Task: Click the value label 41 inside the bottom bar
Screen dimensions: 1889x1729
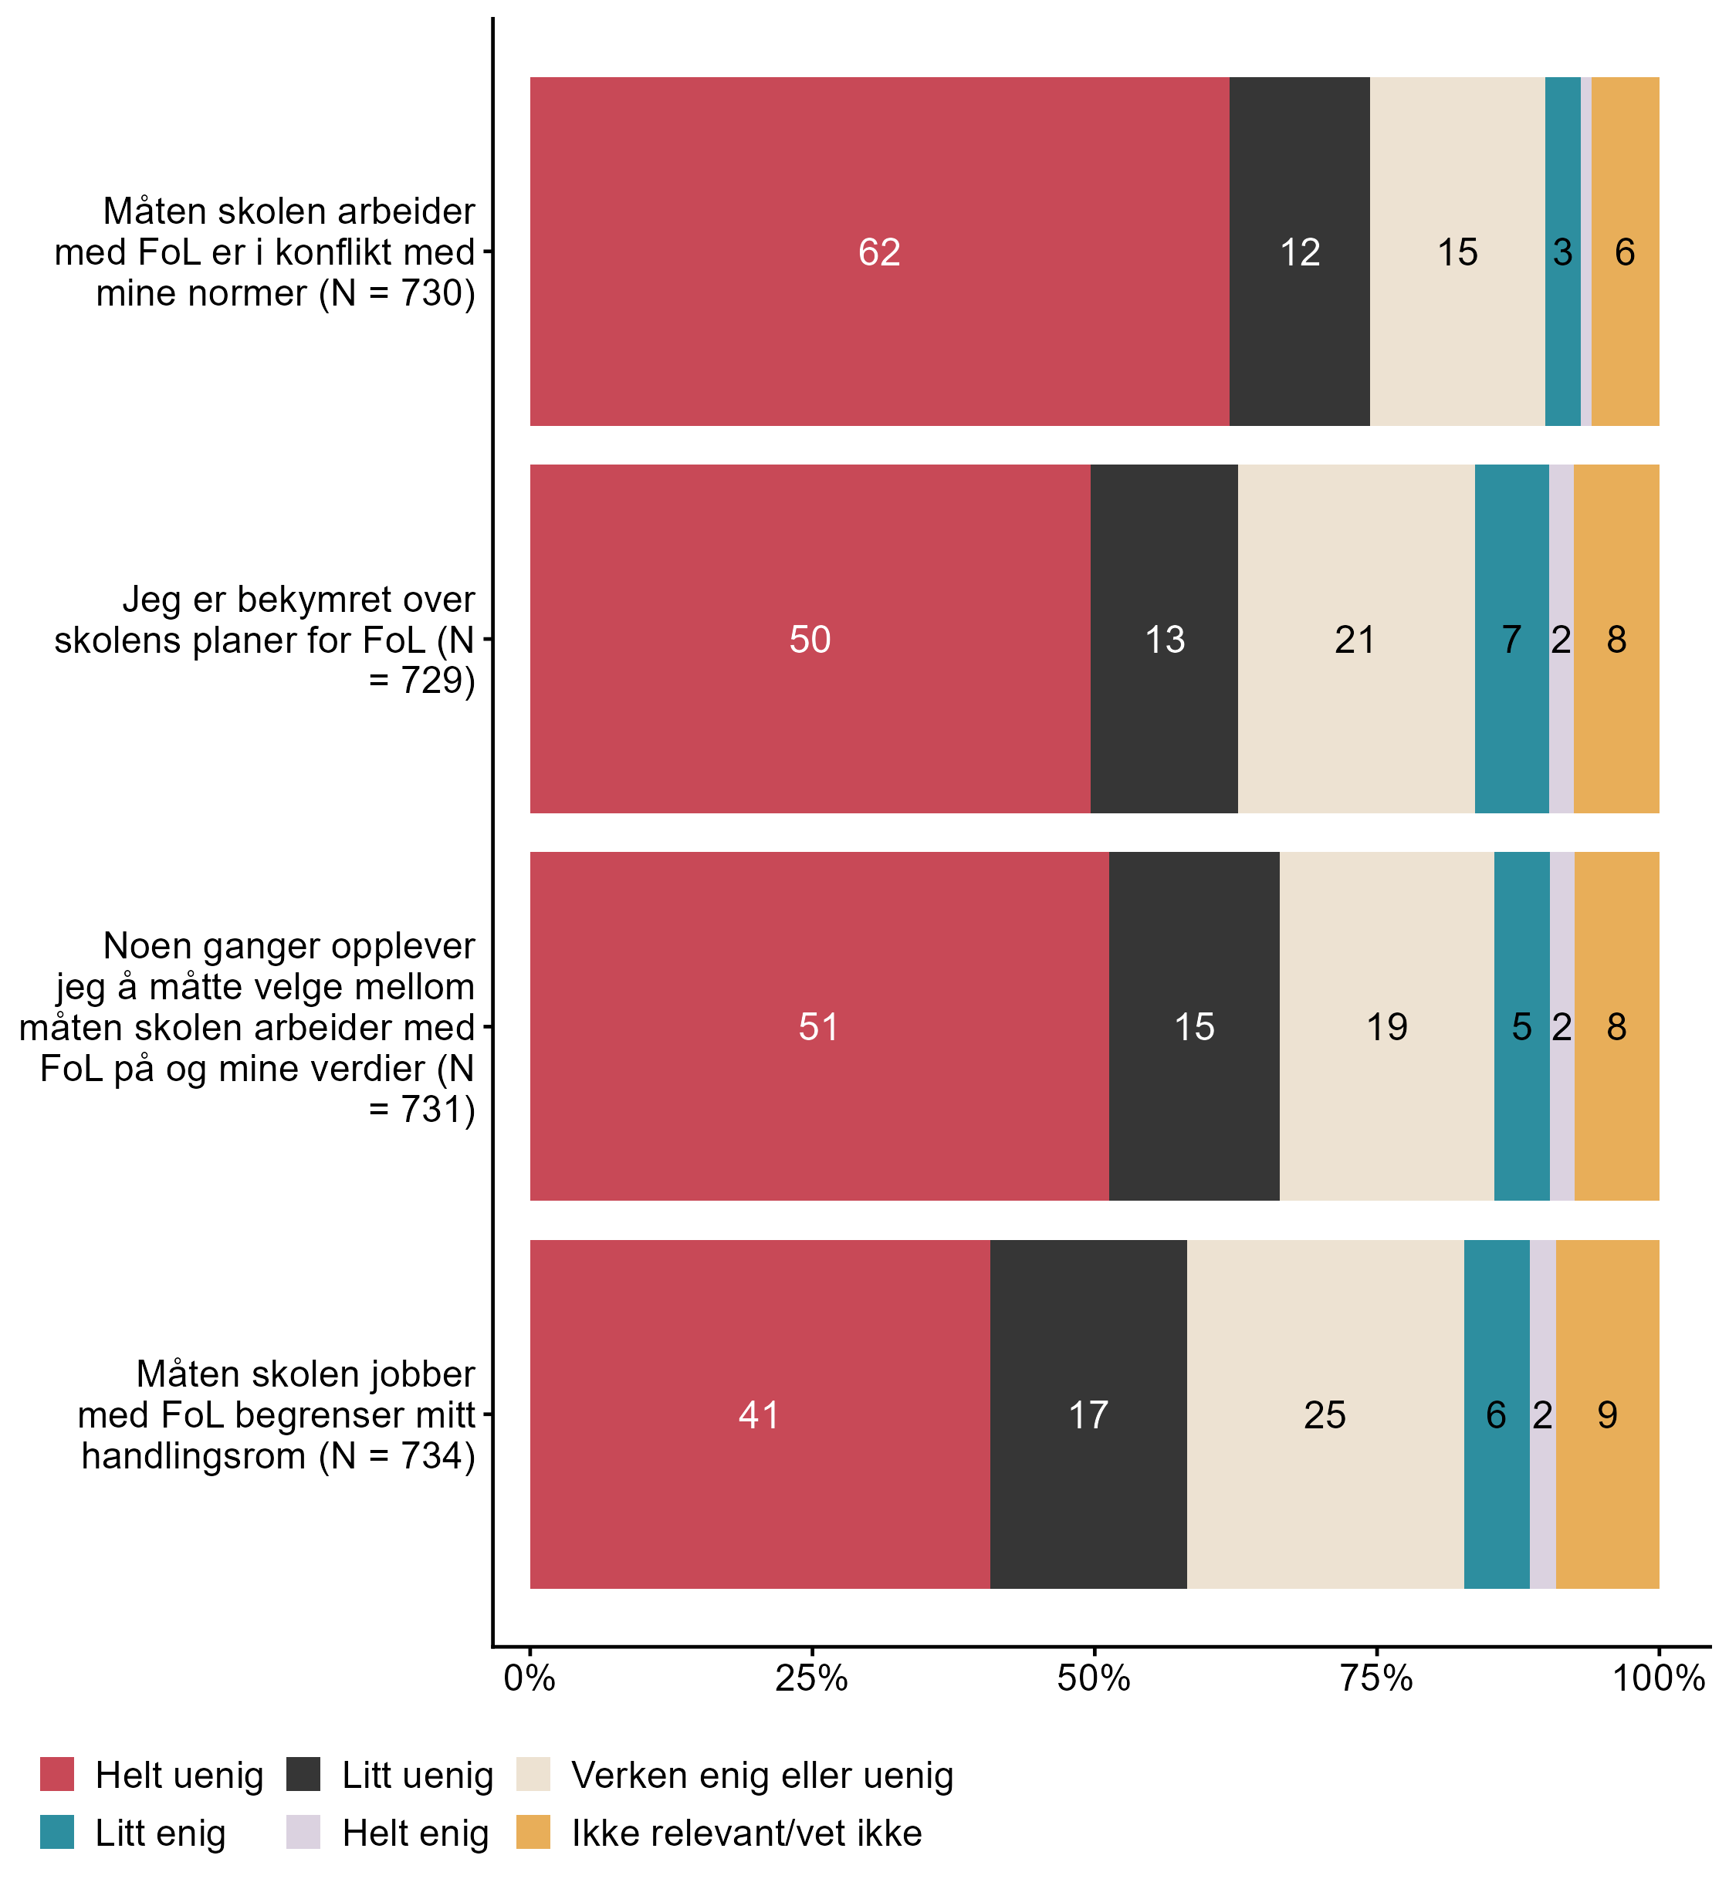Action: pos(758,1415)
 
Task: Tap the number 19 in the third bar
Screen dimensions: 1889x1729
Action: pos(1386,1027)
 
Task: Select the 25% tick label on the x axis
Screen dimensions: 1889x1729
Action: pos(810,1678)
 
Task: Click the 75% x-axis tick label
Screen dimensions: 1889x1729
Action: pos(1375,1678)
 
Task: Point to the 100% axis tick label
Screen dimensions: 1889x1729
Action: pos(1658,1678)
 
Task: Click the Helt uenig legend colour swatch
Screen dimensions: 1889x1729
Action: pos(57,1775)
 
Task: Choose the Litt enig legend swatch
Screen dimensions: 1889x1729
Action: pos(57,1833)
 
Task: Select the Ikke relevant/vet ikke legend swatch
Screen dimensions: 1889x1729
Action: pos(533,1833)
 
